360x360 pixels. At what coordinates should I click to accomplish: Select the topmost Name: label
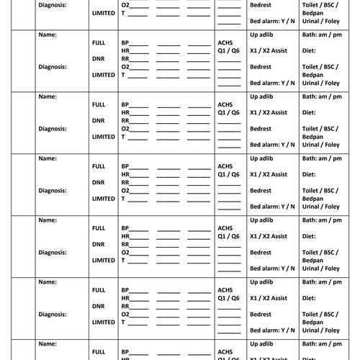(47, 34)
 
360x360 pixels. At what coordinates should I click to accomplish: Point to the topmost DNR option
(99, 58)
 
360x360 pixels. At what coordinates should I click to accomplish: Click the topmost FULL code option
(99, 42)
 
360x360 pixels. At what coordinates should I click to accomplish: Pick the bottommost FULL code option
(99, 352)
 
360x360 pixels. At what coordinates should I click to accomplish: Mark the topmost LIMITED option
(104, 13)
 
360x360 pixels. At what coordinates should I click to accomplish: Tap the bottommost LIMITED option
(104, 322)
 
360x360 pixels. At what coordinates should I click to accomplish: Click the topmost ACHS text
(225, 42)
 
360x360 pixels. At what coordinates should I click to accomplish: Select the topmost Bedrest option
(261, 4)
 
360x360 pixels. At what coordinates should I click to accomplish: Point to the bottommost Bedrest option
(261, 314)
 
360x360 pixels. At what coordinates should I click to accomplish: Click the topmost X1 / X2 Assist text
(268, 51)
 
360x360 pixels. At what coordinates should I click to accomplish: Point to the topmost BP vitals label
(125, 42)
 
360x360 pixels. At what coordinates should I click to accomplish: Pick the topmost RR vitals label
(125, 58)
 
